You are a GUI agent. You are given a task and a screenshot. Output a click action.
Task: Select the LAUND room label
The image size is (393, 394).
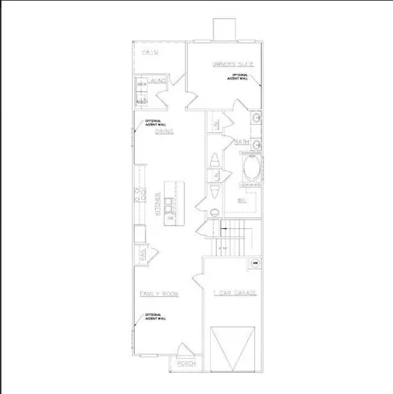click(x=158, y=81)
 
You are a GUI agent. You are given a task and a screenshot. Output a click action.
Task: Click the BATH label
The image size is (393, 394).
click(x=242, y=141)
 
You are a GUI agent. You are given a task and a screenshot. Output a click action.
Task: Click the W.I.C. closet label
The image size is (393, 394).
click(x=243, y=199)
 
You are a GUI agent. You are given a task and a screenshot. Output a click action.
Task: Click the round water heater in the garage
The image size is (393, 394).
click(x=255, y=263)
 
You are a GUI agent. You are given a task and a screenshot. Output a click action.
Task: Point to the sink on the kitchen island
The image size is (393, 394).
click(x=168, y=203)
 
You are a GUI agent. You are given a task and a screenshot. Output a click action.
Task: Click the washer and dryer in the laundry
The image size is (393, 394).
click(x=141, y=92)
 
